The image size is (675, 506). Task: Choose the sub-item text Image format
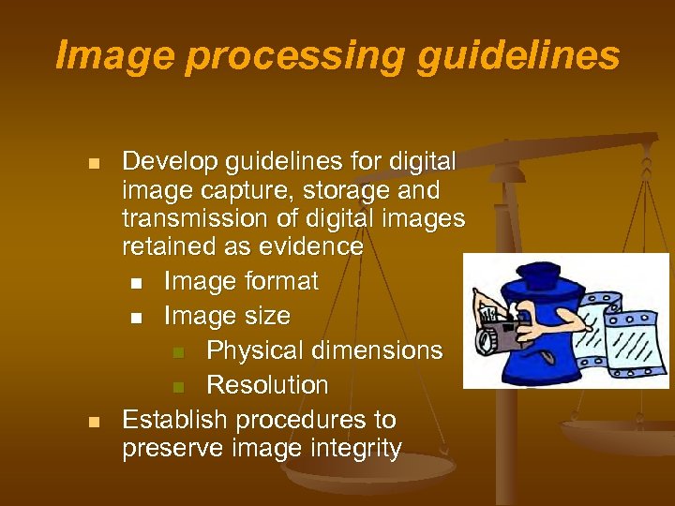pos(241,281)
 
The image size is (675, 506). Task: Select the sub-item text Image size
pos(227,316)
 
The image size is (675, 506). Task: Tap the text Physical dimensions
pos(324,350)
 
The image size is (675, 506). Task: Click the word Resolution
pos(267,385)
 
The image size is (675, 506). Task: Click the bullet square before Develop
pos(93,164)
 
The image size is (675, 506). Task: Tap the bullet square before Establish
pos(93,422)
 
